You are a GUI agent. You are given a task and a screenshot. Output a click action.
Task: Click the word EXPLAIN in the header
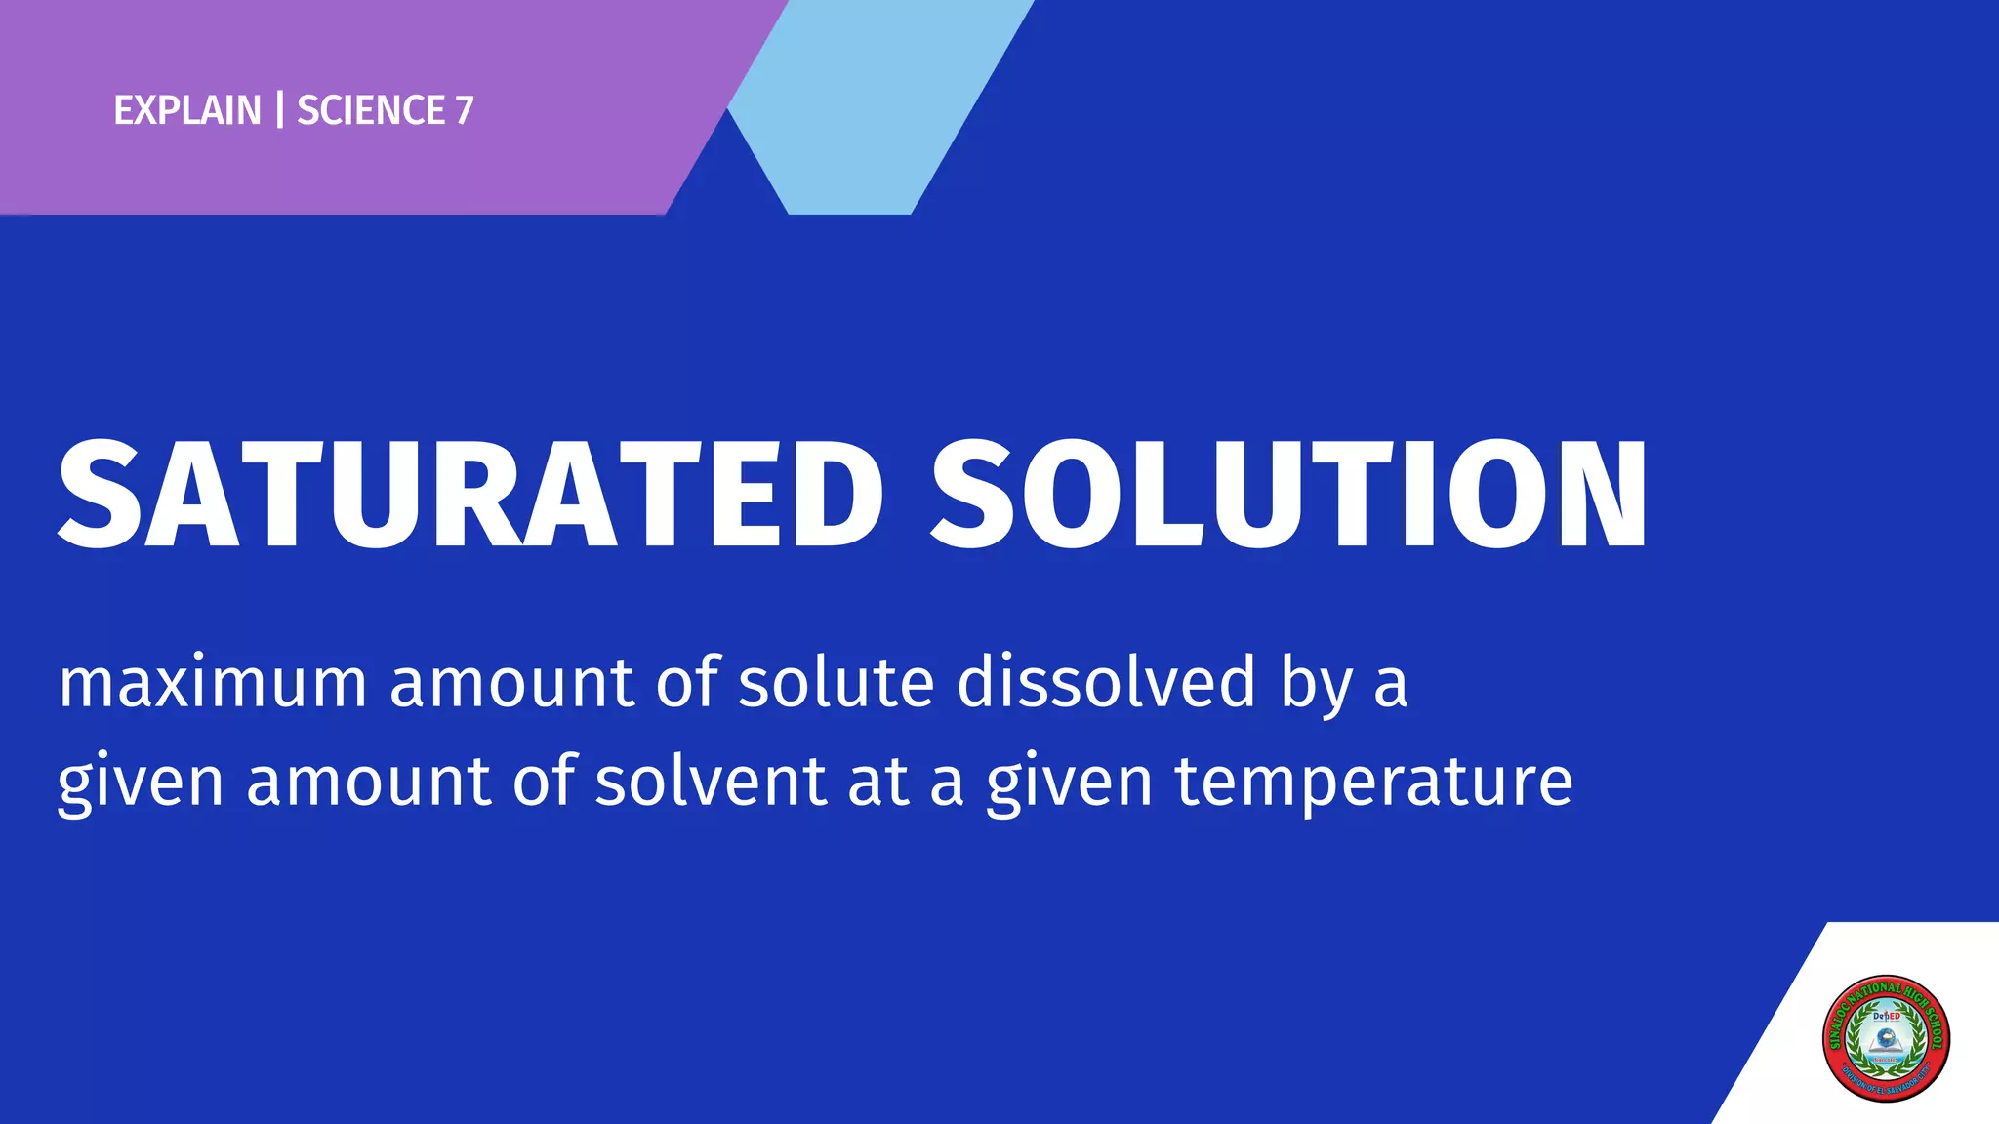pos(187,110)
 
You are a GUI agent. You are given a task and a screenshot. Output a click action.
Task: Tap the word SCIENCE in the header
pos(371,110)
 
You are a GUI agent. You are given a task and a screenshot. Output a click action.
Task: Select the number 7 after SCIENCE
pos(465,110)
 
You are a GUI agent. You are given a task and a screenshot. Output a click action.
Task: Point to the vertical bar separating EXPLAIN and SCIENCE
pos(280,110)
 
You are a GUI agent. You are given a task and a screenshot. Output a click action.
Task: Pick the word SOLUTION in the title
pos(1288,495)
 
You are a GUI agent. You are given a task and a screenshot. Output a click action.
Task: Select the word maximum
pos(213,682)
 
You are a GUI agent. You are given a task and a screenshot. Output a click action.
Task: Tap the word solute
pos(836,682)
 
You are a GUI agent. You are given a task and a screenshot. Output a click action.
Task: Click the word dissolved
pos(1106,682)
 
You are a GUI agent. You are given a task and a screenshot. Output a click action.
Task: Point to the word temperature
pos(1373,783)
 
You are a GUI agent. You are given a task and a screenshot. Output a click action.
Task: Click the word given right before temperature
pos(1070,783)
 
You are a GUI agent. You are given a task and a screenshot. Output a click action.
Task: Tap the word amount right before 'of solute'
pos(511,682)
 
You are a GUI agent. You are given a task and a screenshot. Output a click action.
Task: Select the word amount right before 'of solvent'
pos(368,782)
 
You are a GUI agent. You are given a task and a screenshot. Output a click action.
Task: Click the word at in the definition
pos(877,782)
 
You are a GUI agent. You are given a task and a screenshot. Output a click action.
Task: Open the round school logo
pos(1886,1038)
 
